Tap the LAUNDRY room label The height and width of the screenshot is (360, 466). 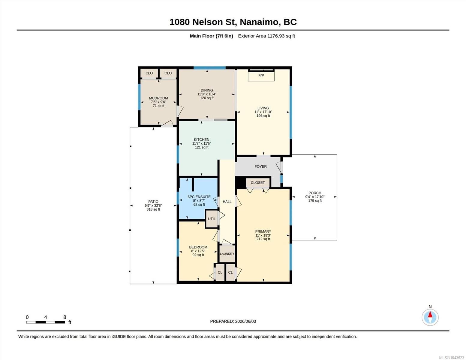click(227, 254)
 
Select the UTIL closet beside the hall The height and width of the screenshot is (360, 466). click(212, 219)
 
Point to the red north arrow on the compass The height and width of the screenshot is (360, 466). click(430, 314)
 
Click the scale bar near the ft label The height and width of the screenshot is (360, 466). click(46, 322)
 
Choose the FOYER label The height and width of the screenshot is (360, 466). click(260, 166)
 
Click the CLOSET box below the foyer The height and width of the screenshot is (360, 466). click(258, 183)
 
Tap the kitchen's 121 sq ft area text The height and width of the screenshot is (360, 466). click(202, 147)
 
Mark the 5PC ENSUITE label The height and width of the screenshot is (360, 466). click(199, 197)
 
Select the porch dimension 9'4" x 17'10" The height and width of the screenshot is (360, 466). click(315, 197)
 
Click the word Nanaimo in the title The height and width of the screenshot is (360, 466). click(259, 22)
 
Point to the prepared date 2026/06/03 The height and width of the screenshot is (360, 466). click(245, 321)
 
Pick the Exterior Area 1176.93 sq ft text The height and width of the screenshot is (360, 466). click(266, 36)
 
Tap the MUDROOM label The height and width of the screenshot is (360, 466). click(158, 98)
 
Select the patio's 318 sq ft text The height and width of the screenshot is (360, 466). click(153, 209)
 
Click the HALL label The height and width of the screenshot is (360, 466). click(227, 202)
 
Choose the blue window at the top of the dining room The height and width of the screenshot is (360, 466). click(209, 68)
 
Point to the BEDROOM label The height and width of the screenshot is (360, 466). click(198, 247)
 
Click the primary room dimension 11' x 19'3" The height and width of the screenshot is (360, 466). click(263, 235)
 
